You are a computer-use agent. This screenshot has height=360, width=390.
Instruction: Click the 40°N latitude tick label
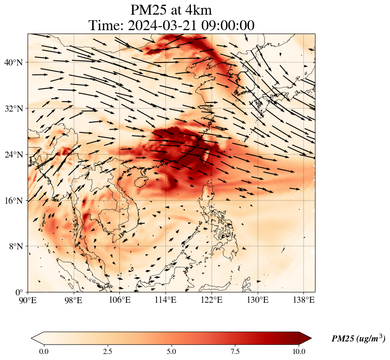tap(14, 62)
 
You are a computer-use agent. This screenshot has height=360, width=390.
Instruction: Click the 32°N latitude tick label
tap(14, 109)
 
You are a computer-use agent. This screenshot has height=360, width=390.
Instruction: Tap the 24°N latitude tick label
tap(14, 155)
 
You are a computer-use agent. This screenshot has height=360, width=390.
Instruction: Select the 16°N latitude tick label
tap(14, 201)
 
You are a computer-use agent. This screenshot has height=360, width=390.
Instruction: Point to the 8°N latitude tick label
tap(16, 246)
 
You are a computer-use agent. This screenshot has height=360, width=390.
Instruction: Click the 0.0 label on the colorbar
tap(44, 351)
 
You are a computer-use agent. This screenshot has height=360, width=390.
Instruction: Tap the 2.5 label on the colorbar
tap(107, 351)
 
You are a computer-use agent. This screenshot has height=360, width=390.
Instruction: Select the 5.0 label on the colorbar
tap(172, 351)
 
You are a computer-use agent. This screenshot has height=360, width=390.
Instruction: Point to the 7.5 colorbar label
tap(235, 351)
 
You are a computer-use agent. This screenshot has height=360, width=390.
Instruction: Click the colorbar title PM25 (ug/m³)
tap(358, 339)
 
